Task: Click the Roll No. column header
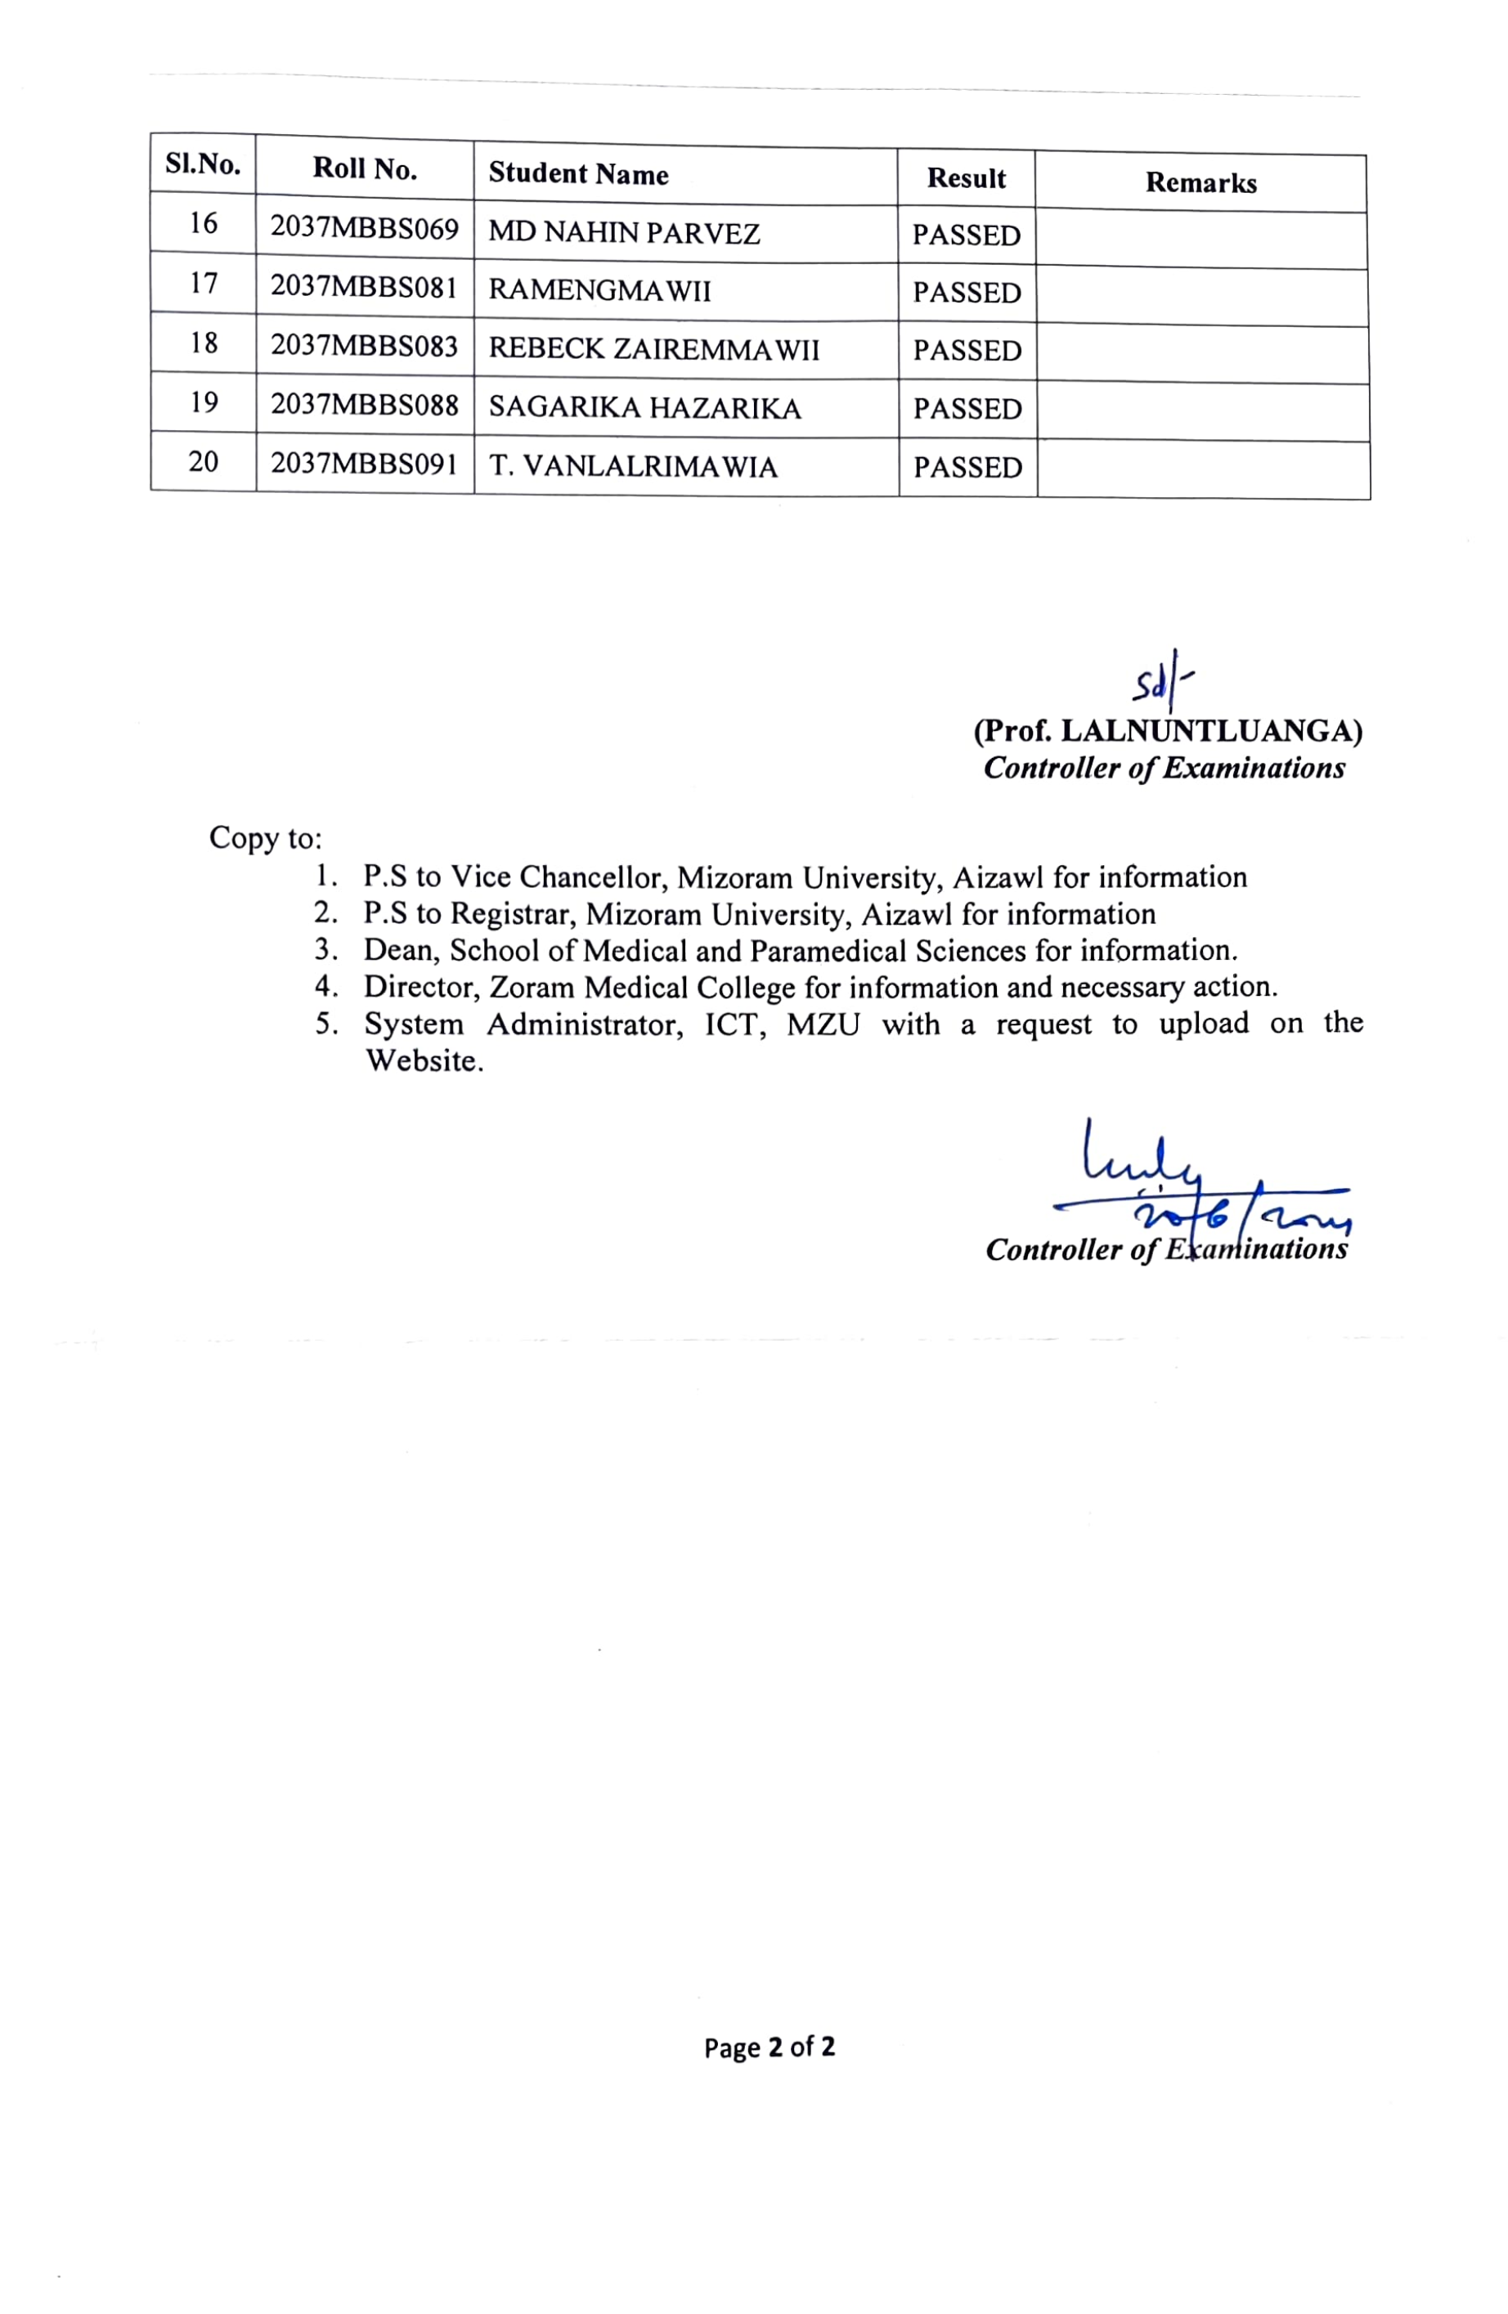[x=365, y=169]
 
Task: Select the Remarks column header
[x=1200, y=183]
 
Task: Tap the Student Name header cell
[x=577, y=174]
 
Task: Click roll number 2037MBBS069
[x=364, y=228]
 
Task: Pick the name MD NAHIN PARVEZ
[x=623, y=233]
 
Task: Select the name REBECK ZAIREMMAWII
[x=653, y=349]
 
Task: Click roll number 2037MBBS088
[x=364, y=405]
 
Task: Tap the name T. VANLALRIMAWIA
[x=633, y=467]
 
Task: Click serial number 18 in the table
[x=203, y=343]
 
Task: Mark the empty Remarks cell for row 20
[x=1203, y=469]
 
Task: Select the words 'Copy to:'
[x=264, y=838]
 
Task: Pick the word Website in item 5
[x=423, y=1061]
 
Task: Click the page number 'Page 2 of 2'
[x=769, y=2047]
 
